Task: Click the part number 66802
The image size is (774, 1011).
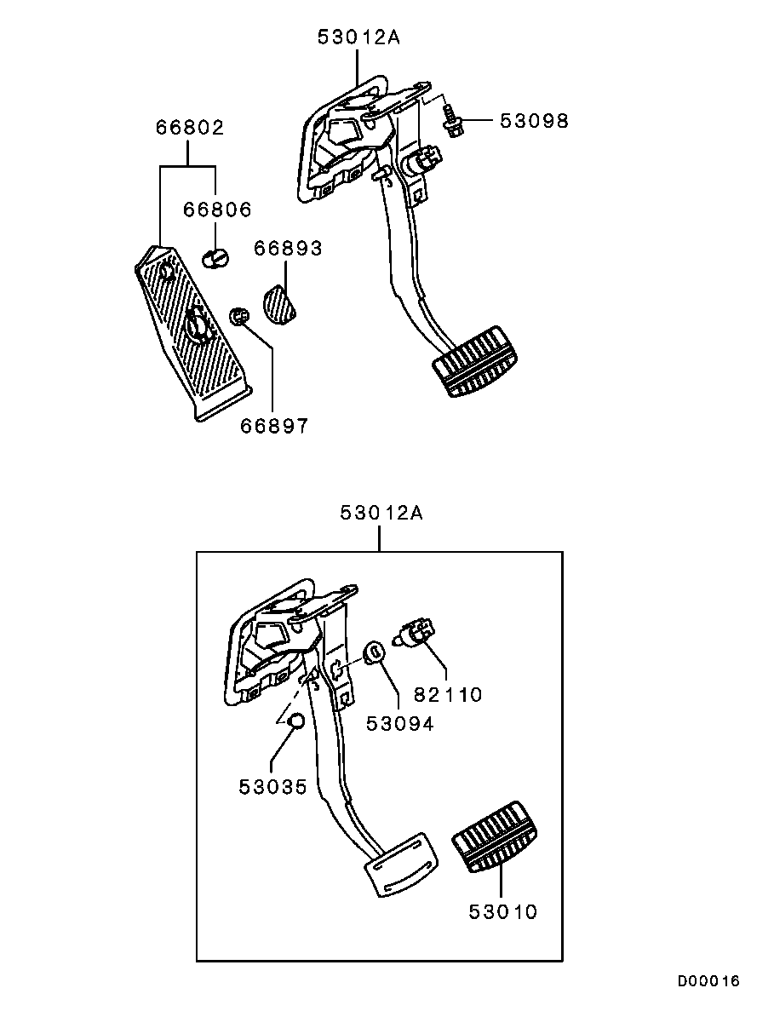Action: [190, 127]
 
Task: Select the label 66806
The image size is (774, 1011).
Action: [217, 209]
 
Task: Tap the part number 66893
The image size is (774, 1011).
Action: [288, 248]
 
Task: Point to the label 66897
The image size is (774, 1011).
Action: [274, 425]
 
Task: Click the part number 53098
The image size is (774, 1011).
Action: [534, 121]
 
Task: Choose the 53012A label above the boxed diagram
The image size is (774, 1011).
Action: [381, 513]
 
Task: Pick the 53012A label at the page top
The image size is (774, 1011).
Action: [358, 37]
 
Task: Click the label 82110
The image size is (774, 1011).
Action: [448, 694]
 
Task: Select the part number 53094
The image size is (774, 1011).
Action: [400, 723]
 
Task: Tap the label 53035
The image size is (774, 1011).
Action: [272, 787]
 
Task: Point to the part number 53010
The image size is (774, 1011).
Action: [502, 911]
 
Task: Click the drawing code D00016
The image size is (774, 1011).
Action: [708, 981]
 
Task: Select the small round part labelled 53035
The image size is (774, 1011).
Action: [295, 722]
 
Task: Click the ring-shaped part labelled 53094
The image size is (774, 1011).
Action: [375, 652]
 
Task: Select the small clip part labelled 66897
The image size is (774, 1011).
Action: [240, 316]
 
